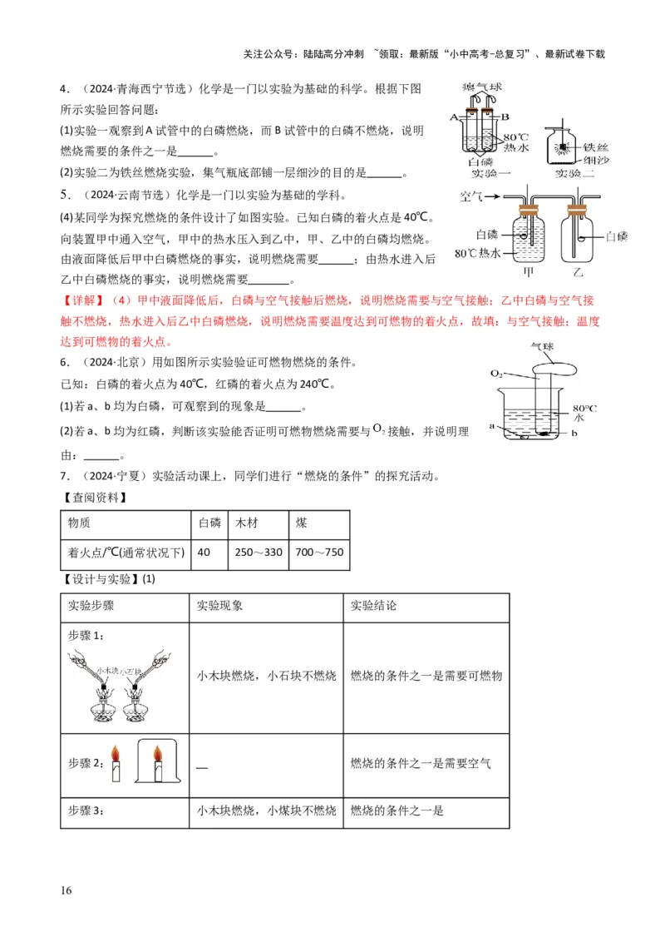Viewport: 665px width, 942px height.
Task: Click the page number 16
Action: tap(66, 891)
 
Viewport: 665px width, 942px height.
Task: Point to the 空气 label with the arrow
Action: tap(471, 196)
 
